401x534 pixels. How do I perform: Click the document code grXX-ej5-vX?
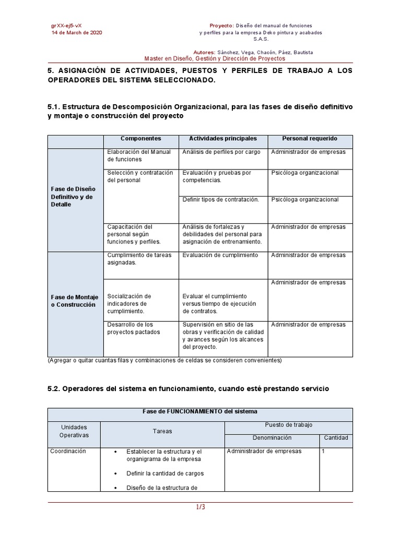(66, 25)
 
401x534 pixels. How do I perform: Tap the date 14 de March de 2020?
(76, 32)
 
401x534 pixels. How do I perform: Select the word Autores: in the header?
(204, 53)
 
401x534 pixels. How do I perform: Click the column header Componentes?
(140, 139)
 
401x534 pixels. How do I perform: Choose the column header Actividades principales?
(222, 139)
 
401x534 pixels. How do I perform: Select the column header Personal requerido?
(310, 139)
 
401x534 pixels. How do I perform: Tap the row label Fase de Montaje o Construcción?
(74, 301)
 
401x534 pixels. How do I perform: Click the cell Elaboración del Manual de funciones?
(138, 155)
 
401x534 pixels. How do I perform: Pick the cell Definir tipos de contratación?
(220, 200)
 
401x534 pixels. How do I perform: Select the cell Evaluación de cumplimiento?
(220, 256)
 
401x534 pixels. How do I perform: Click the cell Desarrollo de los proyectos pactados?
(134, 328)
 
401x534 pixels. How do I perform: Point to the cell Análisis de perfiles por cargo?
(221, 152)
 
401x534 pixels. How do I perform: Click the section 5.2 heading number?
(54, 390)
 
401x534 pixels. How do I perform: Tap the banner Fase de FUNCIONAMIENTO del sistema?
(200, 411)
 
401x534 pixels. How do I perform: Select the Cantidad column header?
(336, 438)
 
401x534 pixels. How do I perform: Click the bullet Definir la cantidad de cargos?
(164, 474)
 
